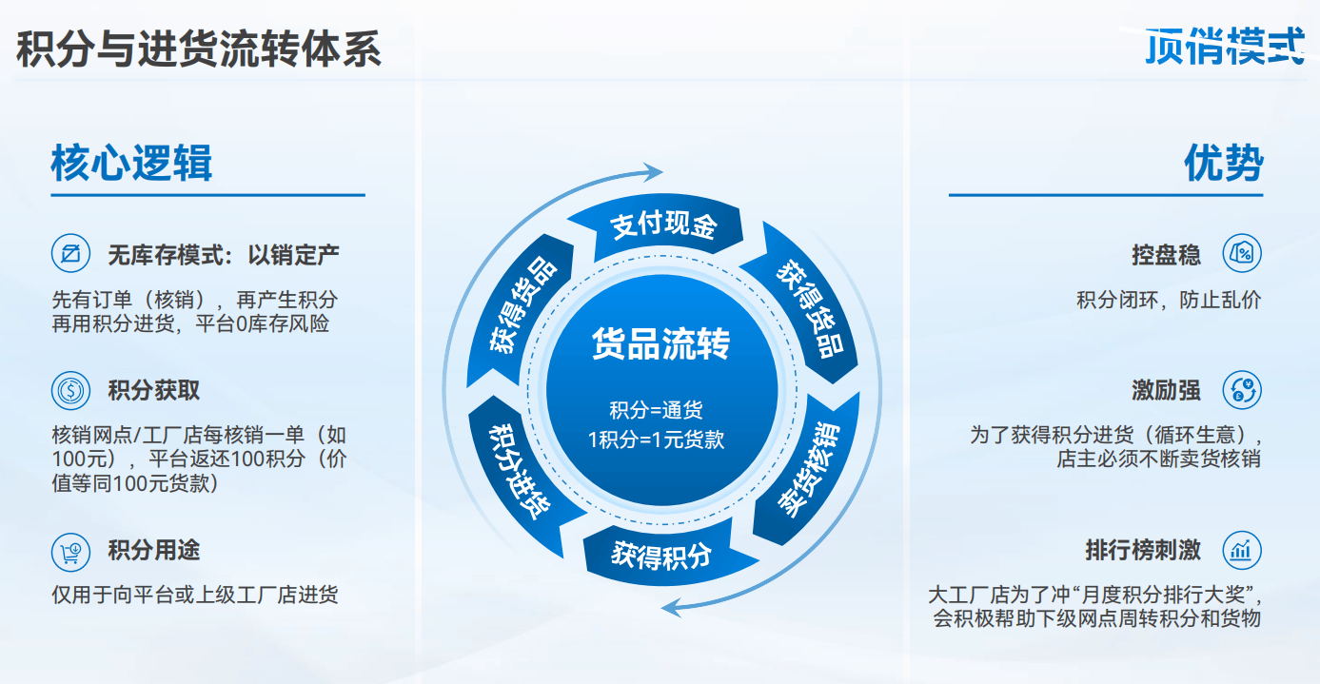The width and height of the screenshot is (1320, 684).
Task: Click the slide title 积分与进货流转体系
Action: point(199,49)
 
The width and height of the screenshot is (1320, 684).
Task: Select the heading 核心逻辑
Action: point(131,163)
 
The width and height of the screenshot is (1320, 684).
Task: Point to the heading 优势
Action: point(1224,163)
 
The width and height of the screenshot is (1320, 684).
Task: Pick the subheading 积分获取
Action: point(153,390)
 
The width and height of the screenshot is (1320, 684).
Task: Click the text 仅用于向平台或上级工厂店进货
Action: point(195,596)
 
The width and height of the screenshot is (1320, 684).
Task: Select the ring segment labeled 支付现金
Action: point(662,226)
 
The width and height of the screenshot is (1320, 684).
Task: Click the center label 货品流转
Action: point(660,343)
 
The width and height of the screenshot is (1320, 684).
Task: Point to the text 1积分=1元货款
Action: point(657,440)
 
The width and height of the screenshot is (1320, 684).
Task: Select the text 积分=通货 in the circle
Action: point(657,411)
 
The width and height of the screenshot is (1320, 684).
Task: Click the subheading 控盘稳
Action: point(1166,254)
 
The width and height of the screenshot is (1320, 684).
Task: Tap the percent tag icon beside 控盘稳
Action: point(1242,254)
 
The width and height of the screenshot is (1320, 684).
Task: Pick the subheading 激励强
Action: point(1166,390)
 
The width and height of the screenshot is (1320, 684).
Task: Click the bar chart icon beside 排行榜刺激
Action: point(1242,550)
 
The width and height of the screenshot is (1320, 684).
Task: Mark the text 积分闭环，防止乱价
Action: point(1169,300)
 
